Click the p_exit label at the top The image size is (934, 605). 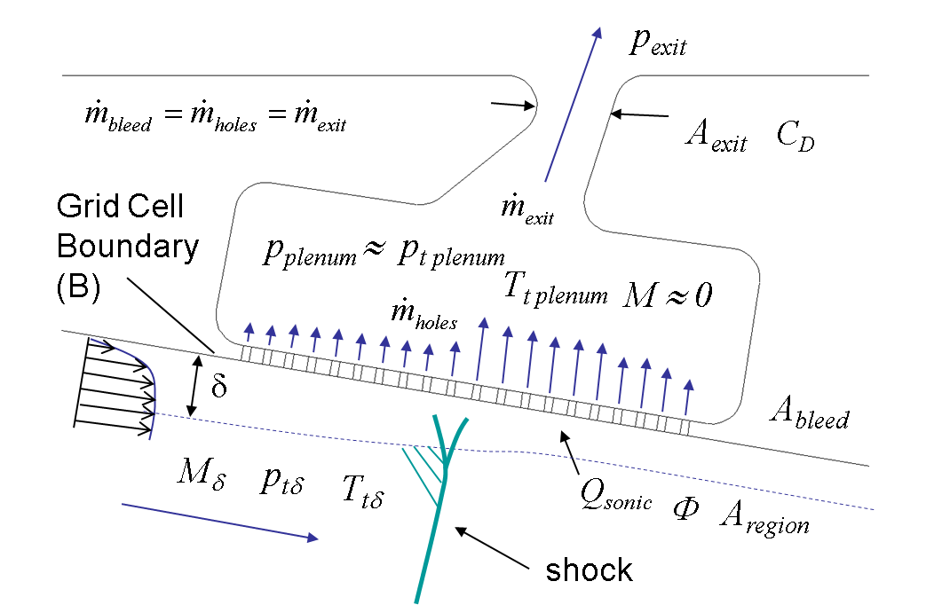[658, 42]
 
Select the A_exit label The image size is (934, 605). [716, 135]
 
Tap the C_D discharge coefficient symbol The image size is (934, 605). [795, 135]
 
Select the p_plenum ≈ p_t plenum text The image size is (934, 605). [384, 253]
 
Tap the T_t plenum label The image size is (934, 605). [555, 289]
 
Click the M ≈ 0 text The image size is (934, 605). [668, 295]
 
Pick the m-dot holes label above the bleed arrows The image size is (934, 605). [423, 313]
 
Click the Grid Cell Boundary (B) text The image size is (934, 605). [126, 247]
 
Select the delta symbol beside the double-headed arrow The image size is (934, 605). [218, 387]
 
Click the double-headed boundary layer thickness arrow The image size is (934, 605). [194, 385]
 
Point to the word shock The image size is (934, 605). [589, 570]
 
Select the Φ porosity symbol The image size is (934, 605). [685, 509]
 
